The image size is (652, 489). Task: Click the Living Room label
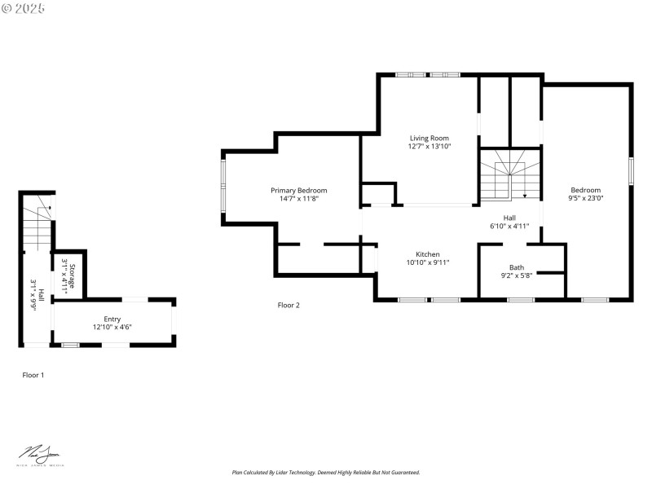pyautogui.click(x=429, y=138)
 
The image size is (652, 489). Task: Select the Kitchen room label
pyautogui.click(x=428, y=254)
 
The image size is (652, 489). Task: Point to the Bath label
pyautogui.click(x=517, y=267)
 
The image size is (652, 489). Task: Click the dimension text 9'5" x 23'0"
pyautogui.click(x=585, y=198)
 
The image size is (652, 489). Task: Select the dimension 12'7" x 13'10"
pyautogui.click(x=429, y=147)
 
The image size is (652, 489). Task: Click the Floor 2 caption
pyautogui.click(x=289, y=305)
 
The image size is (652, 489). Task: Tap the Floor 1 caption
pyautogui.click(x=33, y=375)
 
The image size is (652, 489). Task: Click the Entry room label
pyautogui.click(x=112, y=319)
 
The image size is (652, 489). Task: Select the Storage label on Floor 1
pyautogui.click(x=72, y=275)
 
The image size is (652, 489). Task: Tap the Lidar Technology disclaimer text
pyautogui.click(x=325, y=473)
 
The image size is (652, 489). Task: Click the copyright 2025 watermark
pyautogui.click(x=24, y=7)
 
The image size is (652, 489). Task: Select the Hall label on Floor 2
pyautogui.click(x=509, y=218)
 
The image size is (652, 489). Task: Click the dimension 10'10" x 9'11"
pyautogui.click(x=428, y=262)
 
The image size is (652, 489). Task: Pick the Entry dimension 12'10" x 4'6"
pyautogui.click(x=112, y=327)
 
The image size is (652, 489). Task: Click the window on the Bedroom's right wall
pyautogui.click(x=631, y=172)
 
